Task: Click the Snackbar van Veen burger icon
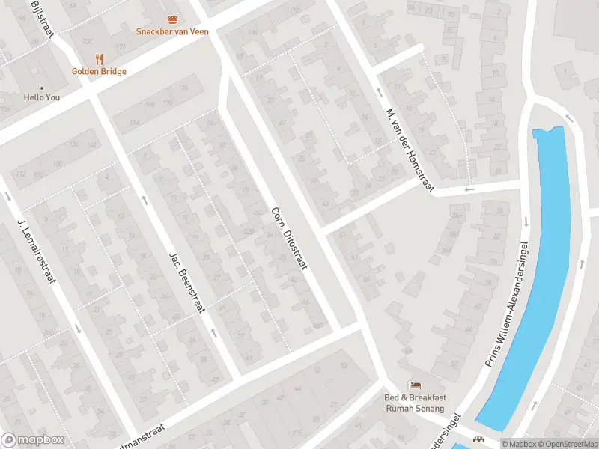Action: [x=172, y=19]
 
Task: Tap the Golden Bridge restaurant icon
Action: [x=98, y=59]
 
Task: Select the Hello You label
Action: [x=41, y=97]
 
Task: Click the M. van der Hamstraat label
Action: [x=410, y=150]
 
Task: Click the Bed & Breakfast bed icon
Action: [x=414, y=385]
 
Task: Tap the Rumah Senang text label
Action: [x=414, y=409]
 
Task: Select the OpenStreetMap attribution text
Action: [x=568, y=444]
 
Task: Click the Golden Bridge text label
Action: [x=99, y=71]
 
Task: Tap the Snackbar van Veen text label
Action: [x=172, y=31]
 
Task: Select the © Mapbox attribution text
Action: [x=519, y=444]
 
